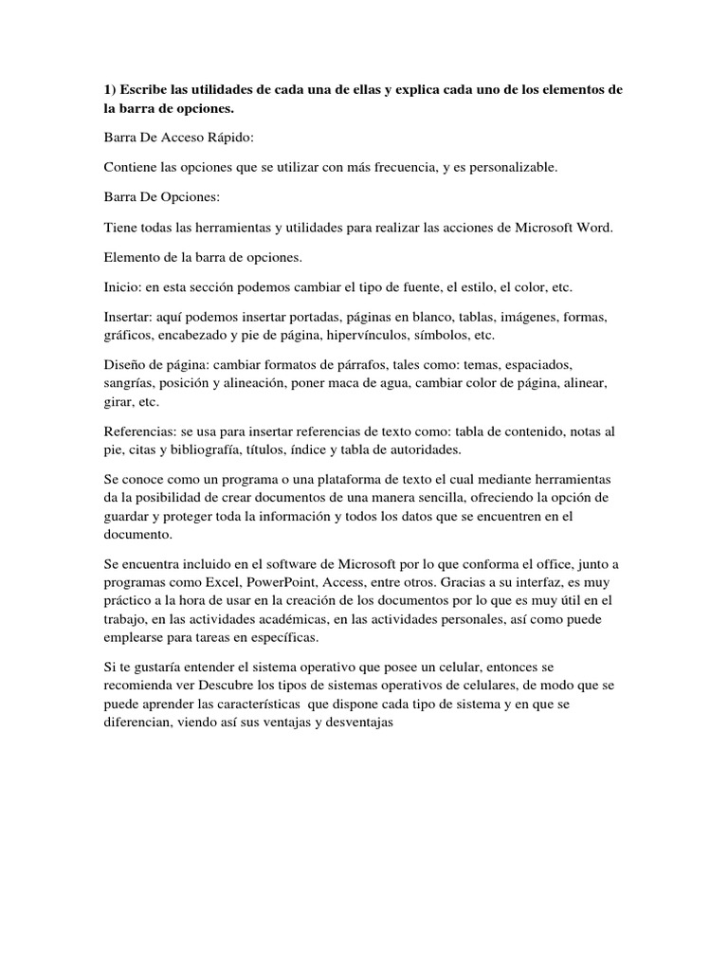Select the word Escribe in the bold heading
coord(148,89)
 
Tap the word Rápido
coord(228,137)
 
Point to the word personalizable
coord(517,167)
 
